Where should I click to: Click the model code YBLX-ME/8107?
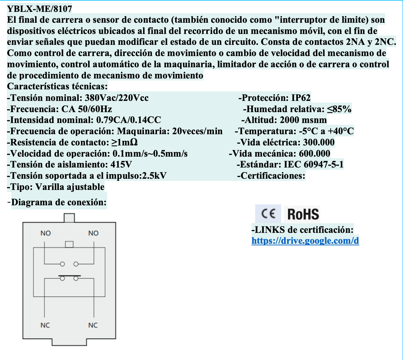pos(39,9)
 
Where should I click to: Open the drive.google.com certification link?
pos(305,241)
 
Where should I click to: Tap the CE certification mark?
pos(268,214)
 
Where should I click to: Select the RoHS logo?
pos(303,214)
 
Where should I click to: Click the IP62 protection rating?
pos(301,98)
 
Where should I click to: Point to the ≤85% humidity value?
pos(339,109)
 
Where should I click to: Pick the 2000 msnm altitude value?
pos(303,120)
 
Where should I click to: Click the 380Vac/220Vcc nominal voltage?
pos(117,98)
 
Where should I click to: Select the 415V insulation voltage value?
pos(121,165)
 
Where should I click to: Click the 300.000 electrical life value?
pos(318,142)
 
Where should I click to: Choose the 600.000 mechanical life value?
pos(314,153)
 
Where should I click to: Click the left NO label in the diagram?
pos(45,233)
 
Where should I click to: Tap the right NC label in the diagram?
pos(93,325)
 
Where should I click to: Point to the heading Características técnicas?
pos(57,86)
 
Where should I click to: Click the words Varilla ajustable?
pos(70,187)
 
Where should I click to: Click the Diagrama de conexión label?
pos(59,202)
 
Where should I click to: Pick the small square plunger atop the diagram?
pos(69,218)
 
